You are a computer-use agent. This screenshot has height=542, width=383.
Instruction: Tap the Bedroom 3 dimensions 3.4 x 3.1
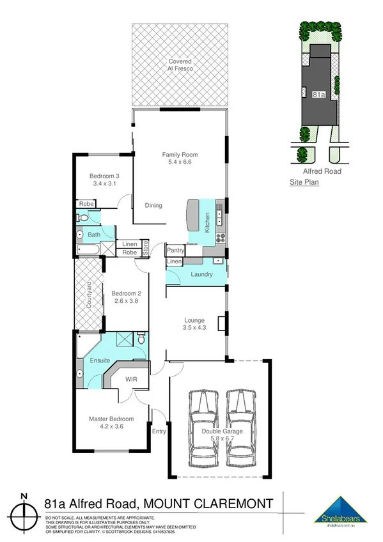click(104, 183)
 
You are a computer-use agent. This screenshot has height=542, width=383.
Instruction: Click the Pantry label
click(176, 251)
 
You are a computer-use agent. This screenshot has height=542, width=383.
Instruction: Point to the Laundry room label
click(201, 275)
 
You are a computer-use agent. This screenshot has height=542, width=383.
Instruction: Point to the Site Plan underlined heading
click(304, 182)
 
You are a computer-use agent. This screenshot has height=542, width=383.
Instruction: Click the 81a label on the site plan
click(318, 94)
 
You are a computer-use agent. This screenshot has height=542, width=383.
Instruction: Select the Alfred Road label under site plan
click(322, 171)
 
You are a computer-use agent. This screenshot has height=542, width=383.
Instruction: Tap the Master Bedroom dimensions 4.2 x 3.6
click(111, 426)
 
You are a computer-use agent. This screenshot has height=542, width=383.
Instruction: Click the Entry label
click(159, 431)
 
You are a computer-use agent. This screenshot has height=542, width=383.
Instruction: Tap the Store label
click(145, 248)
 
